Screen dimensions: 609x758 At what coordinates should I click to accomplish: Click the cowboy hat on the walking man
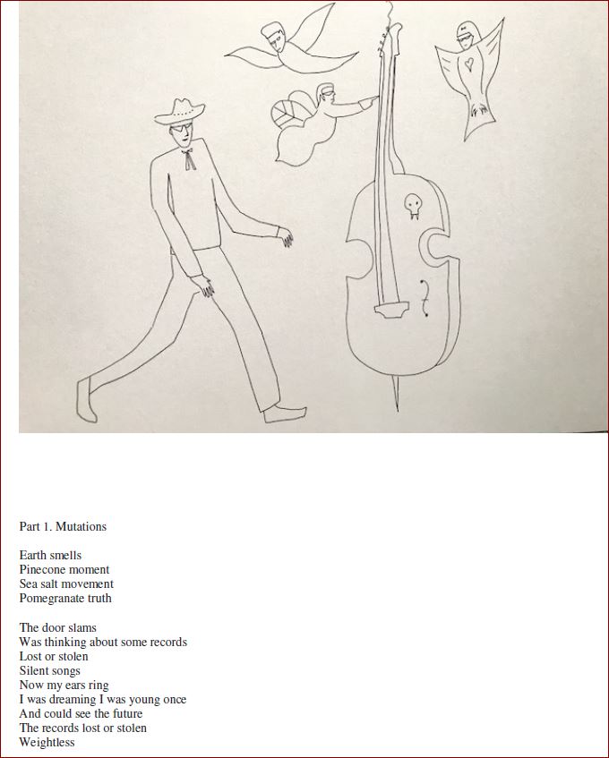(x=180, y=112)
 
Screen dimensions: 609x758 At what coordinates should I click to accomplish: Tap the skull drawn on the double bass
(x=412, y=206)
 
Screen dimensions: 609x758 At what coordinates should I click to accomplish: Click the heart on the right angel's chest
(x=468, y=64)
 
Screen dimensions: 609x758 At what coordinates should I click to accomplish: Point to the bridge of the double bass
(x=391, y=310)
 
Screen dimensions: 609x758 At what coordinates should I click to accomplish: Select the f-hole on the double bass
(x=425, y=298)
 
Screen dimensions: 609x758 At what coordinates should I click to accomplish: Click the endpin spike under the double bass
(x=396, y=394)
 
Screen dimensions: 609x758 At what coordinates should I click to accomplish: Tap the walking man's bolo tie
(x=188, y=160)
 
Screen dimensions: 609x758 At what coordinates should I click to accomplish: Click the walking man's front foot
(x=285, y=413)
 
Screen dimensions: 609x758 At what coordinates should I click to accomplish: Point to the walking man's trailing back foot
(x=86, y=400)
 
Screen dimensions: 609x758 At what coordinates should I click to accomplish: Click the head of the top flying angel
(x=274, y=37)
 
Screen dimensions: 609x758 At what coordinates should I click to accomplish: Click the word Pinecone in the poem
(x=40, y=569)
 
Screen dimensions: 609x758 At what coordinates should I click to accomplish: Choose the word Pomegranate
(x=51, y=599)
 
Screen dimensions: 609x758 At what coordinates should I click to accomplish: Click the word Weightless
(x=47, y=742)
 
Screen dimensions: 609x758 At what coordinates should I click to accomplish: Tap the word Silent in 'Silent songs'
(x=33, y=670)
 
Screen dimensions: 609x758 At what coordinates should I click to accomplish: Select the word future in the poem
(x=128, y=713)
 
